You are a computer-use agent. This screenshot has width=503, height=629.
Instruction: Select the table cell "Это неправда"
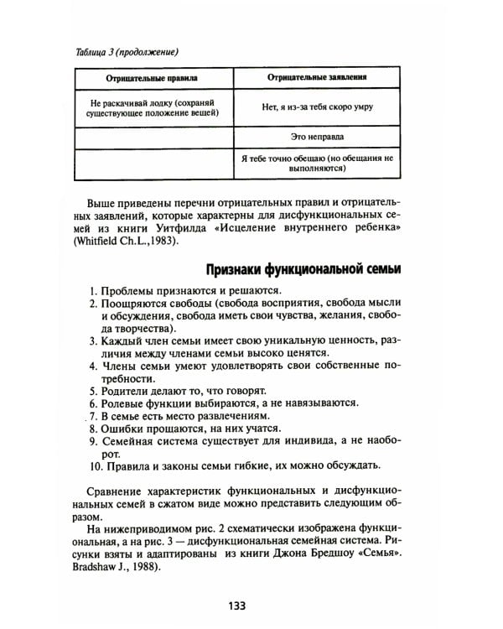click(319, 136)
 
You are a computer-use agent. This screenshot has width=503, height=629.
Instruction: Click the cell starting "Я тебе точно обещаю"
click(319, 163)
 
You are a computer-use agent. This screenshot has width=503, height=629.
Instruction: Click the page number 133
click(251, 604)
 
